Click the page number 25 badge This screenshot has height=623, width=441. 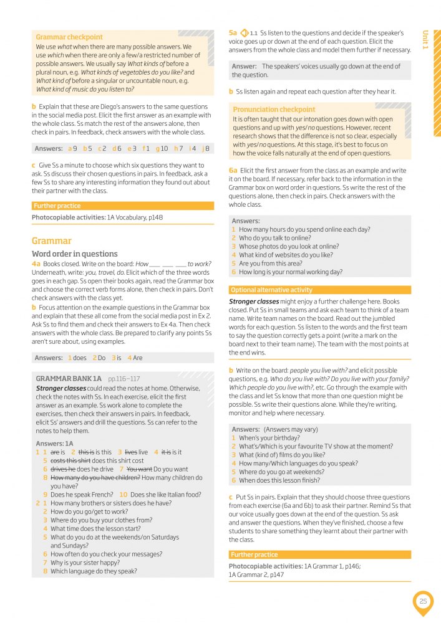423,601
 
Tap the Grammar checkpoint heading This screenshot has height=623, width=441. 69,37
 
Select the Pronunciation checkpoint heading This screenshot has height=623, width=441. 274,110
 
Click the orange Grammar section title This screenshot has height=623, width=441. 52,240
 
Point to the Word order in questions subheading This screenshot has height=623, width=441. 74,254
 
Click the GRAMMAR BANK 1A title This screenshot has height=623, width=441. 69,378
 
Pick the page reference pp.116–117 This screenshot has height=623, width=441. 124,378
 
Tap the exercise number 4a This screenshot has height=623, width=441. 36,264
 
